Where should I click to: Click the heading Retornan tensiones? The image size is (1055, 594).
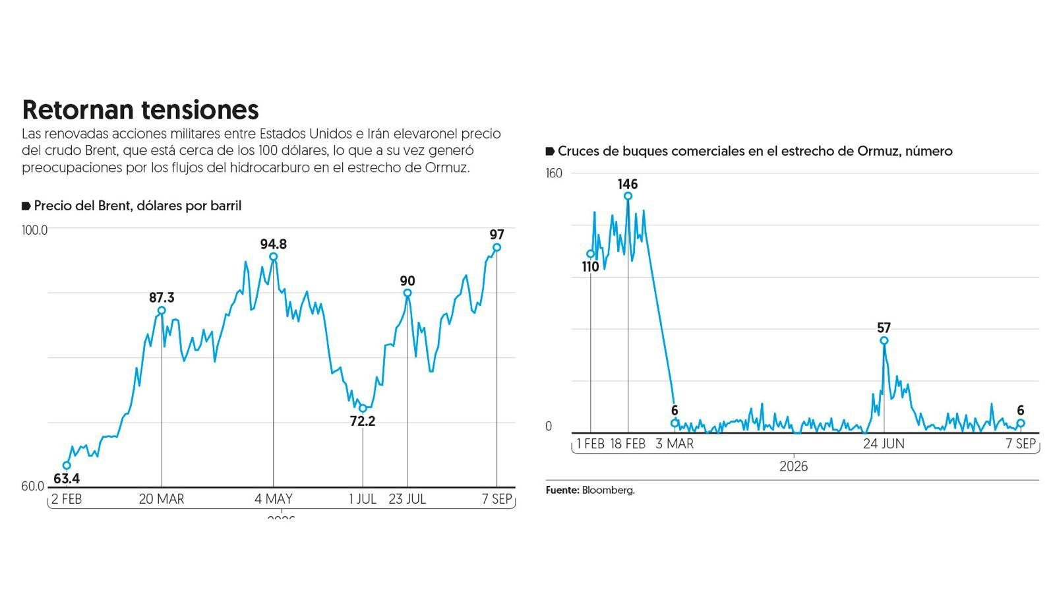[x=140, y=109]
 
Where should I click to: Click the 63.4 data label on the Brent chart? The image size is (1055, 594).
[x=67, y=479]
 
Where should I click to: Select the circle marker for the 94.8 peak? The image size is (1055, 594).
[x=273, y=256]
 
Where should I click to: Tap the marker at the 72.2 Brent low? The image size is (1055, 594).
[x=363, y=408]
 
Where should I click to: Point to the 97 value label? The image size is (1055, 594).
[x=497, y=235]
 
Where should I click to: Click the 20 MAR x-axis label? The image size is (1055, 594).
[x=162, y=499]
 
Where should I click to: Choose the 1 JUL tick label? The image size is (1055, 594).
[x=363, y=499]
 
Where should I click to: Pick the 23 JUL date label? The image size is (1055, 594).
[x=407, y=499]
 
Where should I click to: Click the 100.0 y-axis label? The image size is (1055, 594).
[x=34, y=230]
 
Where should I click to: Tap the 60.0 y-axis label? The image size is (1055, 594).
[x=32, y=486]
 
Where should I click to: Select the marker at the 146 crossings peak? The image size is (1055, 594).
[x=628, y=196]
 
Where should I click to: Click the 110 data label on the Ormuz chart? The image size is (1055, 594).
[x=590, y=267]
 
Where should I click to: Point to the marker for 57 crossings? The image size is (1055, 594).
[x=884, y=341]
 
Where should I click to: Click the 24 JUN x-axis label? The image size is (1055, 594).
[x=884, y=444]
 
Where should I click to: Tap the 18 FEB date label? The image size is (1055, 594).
[x=628, y=444]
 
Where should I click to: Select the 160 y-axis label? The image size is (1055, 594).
[x=554, y=173]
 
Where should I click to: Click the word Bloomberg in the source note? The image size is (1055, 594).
[x=609, y=490]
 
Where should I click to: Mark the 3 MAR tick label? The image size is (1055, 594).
[x=675, y=444]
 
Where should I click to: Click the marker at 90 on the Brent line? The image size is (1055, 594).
[x=407, y=293]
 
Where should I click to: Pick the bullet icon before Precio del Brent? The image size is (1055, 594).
[x=26, y=206]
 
